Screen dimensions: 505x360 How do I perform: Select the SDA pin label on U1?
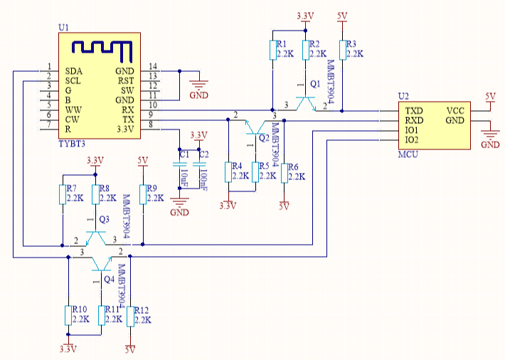pos(73,71)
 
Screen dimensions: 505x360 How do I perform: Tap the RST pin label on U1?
pos(126,81)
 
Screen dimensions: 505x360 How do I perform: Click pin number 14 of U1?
pos(153,66)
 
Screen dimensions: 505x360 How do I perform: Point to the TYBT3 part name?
pos(72,144)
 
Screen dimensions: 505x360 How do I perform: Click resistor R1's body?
pos(273,51)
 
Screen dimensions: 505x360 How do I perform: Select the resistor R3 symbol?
pos(342,51)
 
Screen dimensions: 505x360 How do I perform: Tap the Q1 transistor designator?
pos(315,84)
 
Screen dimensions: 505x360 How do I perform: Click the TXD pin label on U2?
pos(413,111)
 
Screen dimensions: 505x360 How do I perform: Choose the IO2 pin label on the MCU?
pos(412,140)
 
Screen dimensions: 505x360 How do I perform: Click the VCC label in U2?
pos(455,111)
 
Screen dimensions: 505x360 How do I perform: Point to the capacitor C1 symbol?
pos(179,164)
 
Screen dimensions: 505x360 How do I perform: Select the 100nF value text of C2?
pos(203,179)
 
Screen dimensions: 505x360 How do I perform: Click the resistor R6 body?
pos(284,174)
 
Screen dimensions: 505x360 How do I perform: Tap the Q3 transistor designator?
pos(104,219)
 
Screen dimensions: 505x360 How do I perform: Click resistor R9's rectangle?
pos(143,194)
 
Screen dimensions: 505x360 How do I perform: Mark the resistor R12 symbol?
pos(130,317)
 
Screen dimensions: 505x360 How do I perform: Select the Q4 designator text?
pos(110,280)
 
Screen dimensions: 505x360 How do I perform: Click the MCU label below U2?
pos(408,154)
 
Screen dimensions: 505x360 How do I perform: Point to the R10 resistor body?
pos(68,315)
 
